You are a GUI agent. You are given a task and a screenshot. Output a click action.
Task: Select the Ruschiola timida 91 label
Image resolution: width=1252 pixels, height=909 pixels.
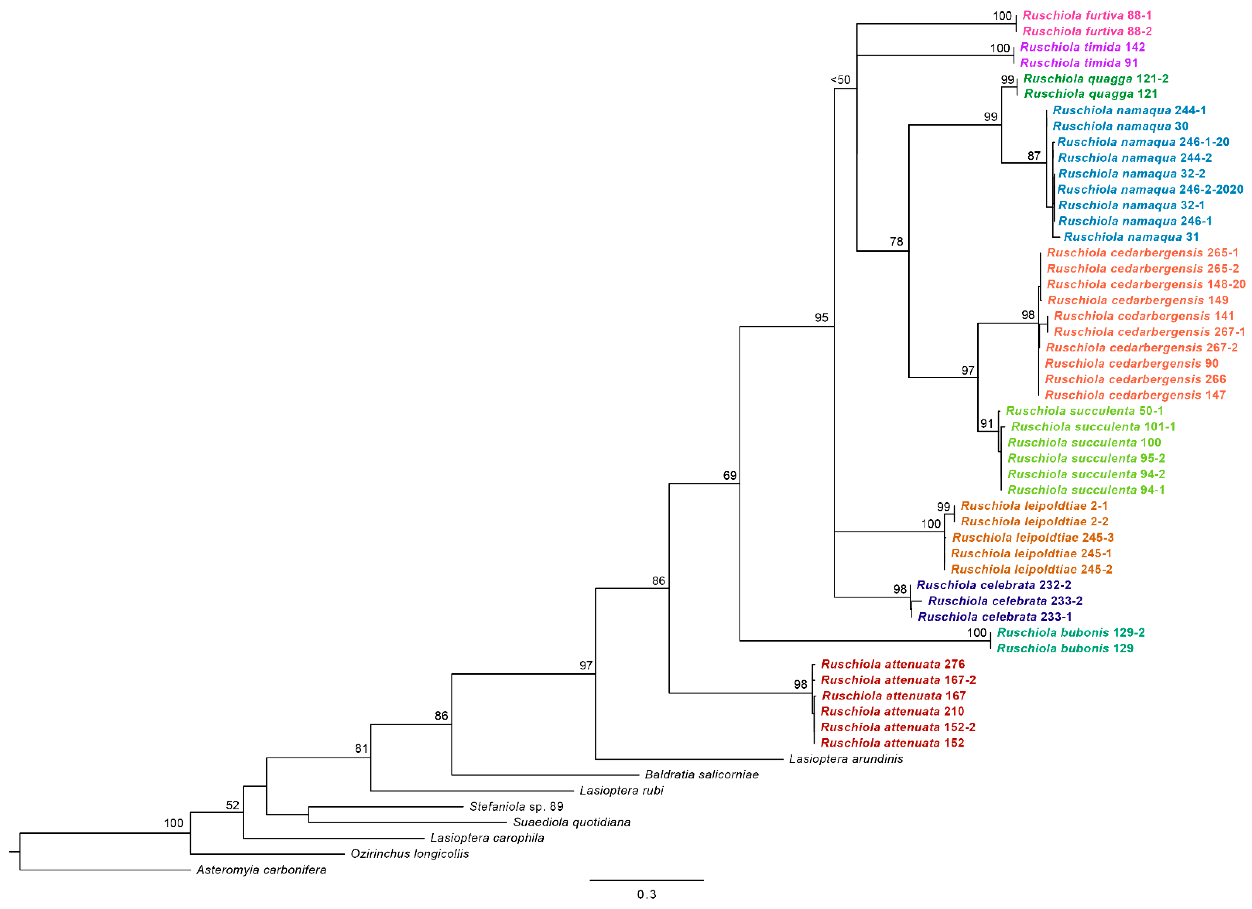(x=1079, y=63)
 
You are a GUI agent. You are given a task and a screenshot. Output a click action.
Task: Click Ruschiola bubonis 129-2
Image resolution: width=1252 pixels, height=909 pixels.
(x=1071, y=633)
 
